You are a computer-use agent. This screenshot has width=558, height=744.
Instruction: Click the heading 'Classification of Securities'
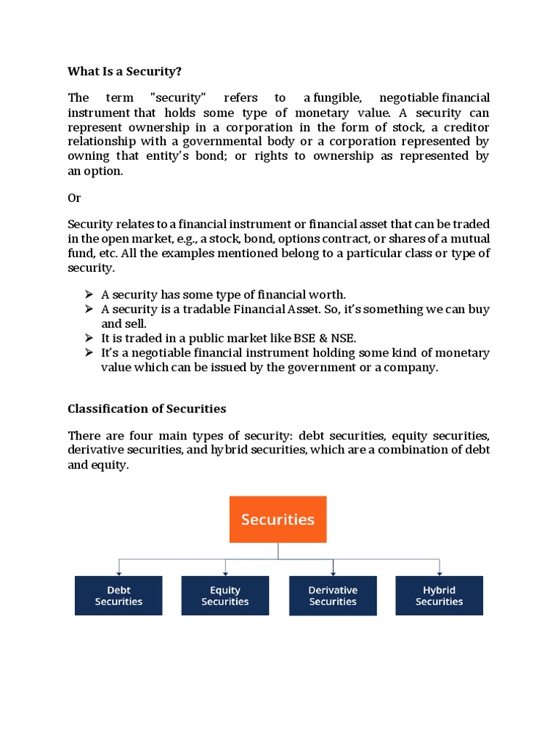point(147,408)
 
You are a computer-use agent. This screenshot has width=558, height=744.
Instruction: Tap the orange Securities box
point(278,519)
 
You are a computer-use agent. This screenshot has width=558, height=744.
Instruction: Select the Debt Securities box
point(118,596)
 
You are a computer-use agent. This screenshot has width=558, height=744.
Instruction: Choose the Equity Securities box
point(225,596)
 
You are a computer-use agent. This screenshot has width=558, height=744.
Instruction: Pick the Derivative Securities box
point(333,596)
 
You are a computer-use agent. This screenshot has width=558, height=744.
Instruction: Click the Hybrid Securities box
point(440,596)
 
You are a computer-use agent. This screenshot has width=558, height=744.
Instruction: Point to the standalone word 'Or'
point(74,198)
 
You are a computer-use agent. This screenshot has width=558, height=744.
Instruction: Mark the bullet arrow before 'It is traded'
point(89,338)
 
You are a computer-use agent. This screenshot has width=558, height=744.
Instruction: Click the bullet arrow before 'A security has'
point(89,294)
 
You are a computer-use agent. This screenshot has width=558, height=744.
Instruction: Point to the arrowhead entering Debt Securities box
point(118,573)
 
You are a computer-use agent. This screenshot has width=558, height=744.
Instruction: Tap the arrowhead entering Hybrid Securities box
point(440,573)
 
